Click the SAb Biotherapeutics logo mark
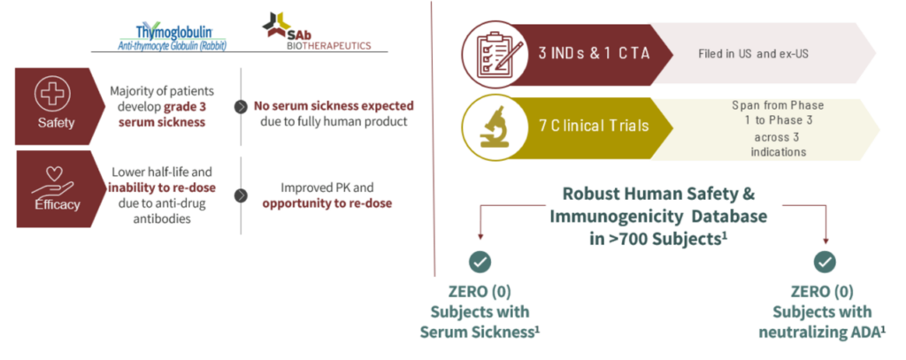[274, 25]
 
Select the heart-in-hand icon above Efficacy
[52, 181]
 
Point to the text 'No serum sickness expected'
[334, 106]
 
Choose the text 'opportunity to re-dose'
[327, 203]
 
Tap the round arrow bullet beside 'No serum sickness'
[240, 108]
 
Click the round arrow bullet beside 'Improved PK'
[241, 195]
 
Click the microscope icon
[495, 127]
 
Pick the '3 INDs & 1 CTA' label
[594, 54]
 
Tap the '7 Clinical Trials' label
[594, 126]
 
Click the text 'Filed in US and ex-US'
[753, 54]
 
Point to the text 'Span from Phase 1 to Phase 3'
[778, 113]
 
